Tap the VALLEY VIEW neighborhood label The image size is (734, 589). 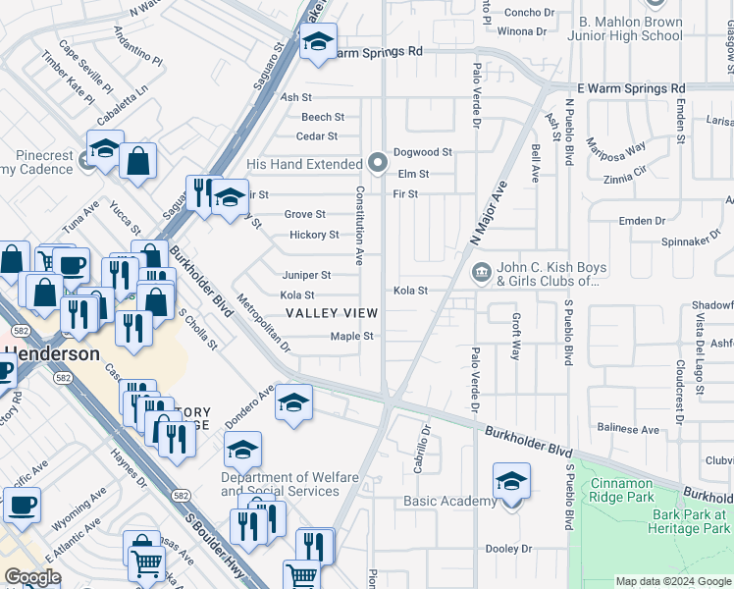pos(331,313)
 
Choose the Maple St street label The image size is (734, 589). pos(352,336)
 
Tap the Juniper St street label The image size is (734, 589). pos(306,276)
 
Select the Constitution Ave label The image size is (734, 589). pos(360,226)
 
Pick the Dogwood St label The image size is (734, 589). pos(422,152)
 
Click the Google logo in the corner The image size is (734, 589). pos(33,576)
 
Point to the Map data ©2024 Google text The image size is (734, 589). pos(672,581)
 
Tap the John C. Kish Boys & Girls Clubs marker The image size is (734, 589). pos(481,272)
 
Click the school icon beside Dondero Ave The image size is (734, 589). pos(293,402)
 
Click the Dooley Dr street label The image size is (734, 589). pos(507,549)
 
